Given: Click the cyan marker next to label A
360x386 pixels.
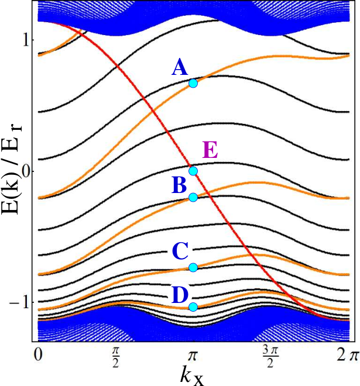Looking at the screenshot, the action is coord(193,84).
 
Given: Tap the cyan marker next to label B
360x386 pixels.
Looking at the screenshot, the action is coord(193,197).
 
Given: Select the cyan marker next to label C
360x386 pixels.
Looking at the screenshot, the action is coord(193,267).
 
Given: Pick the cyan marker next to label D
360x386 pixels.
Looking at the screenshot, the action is coord(193,307).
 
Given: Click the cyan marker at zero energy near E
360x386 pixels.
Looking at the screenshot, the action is coord(193,171).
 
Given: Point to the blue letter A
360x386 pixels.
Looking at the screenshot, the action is coord(180,67).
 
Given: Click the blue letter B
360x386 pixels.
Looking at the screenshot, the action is coord(179,185).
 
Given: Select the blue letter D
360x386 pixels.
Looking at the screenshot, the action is coord(180,295).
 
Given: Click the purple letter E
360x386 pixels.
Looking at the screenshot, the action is coord(210,150).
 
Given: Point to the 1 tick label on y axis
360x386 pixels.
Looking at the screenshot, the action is coord(26,40).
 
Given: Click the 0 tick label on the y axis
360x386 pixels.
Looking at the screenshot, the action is coord(26,171).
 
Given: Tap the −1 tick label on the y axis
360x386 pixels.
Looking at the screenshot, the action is coord(19,302).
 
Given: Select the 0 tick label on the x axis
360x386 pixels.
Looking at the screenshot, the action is coord(38,355).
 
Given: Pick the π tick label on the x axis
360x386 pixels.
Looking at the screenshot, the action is coord(193,356).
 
